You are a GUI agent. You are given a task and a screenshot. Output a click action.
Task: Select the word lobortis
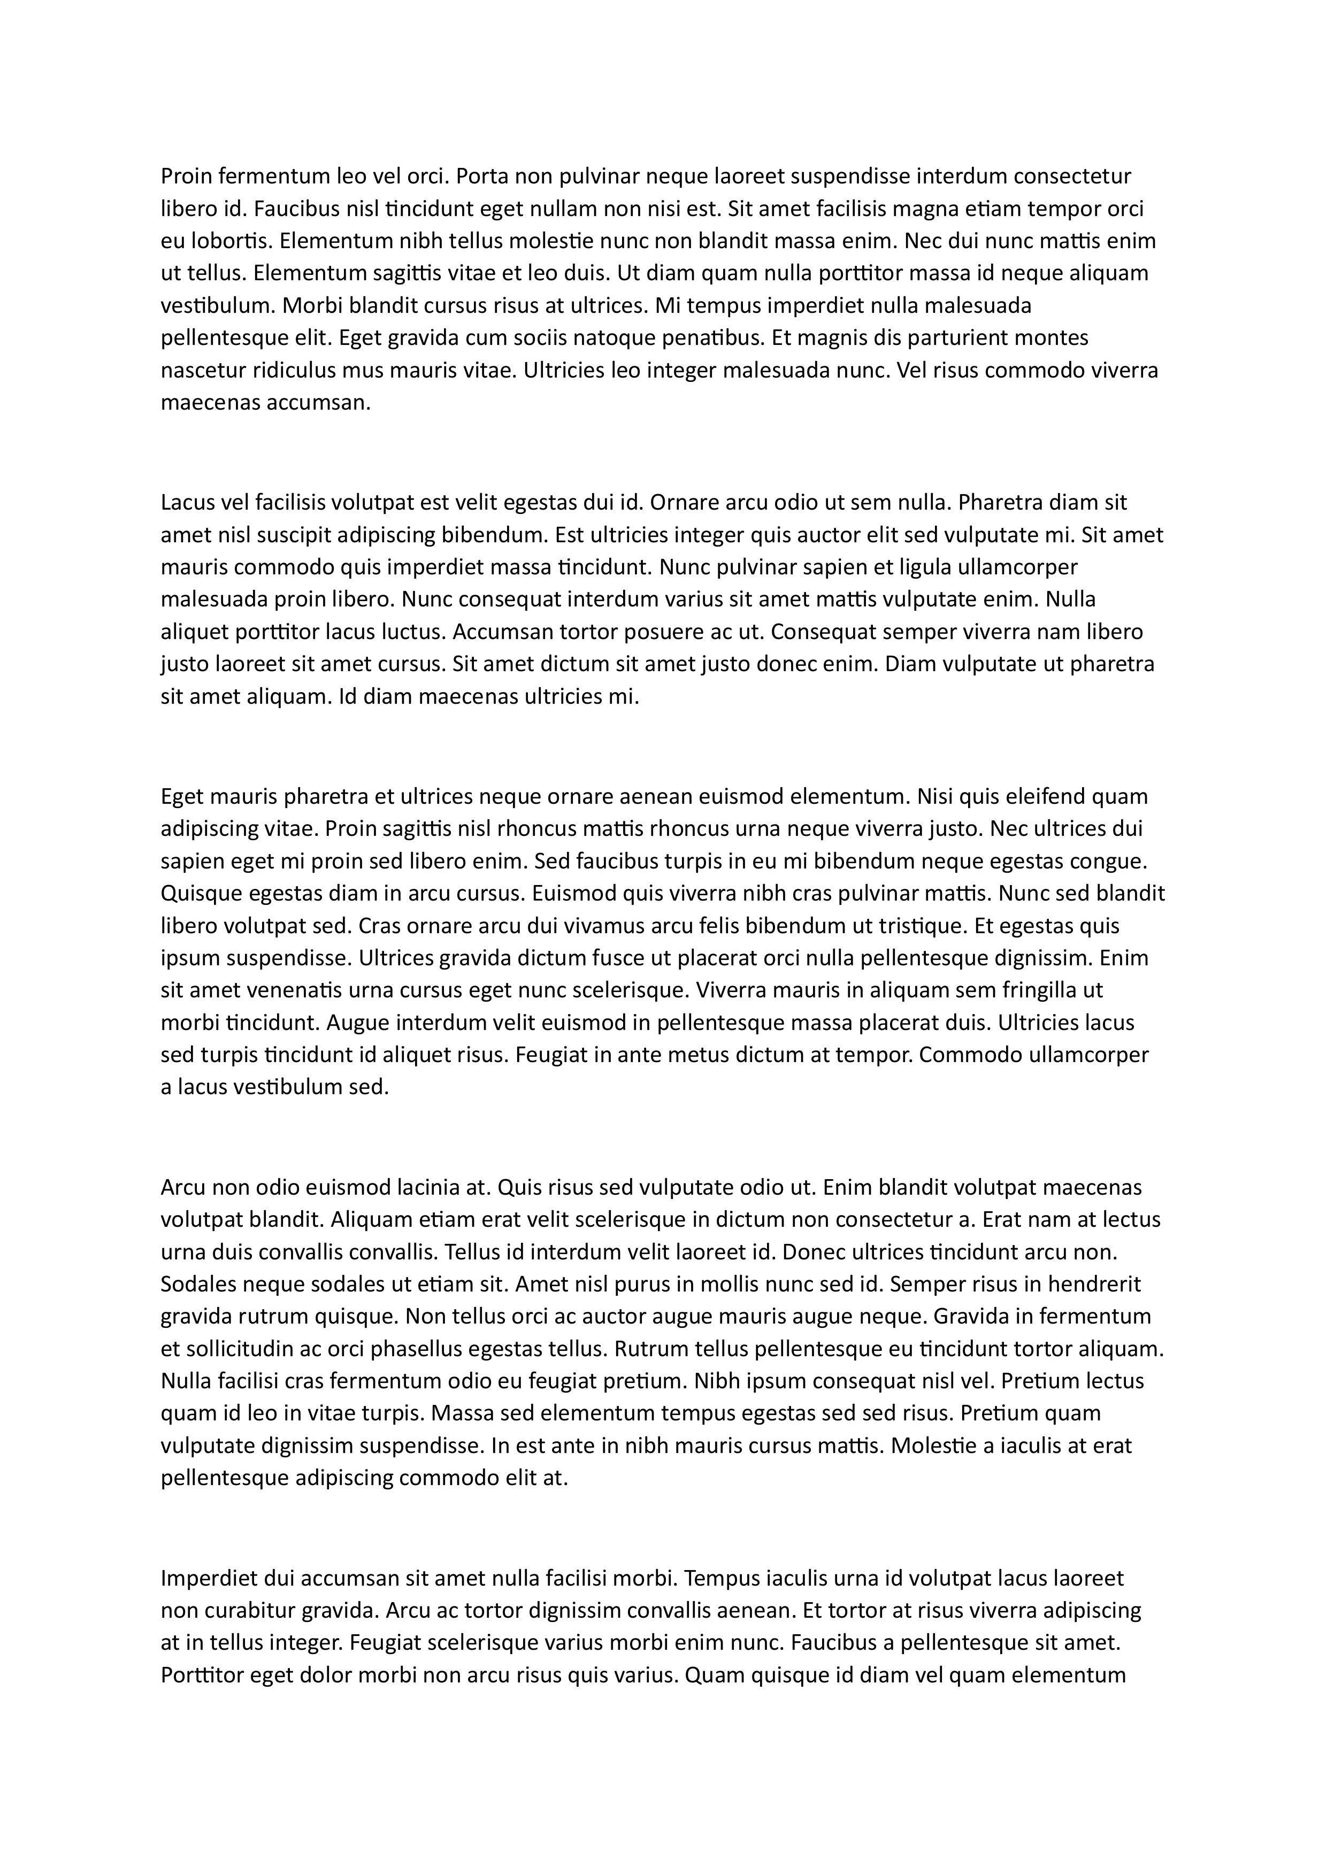[x=229, y=241]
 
